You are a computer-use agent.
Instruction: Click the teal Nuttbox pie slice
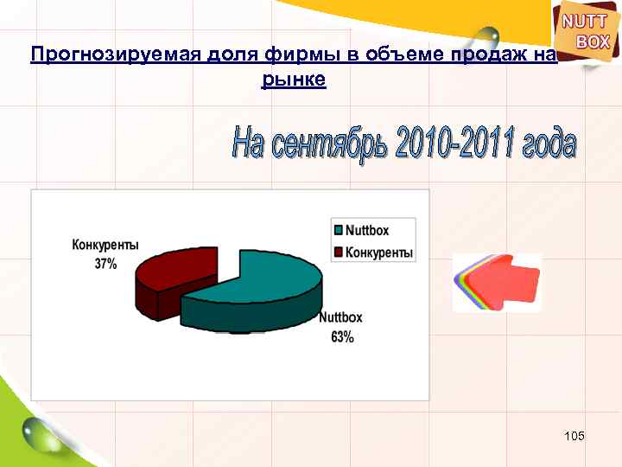(x=259, y=290)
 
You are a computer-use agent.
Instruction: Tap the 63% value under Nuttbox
(x=342, y=337)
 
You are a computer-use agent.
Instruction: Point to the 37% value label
(x=105, y=265)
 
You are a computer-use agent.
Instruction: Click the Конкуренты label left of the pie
(x=105, y=246)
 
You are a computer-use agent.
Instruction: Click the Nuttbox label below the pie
(x=342, y=317)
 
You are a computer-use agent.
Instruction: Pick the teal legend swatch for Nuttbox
(x=339, y=230)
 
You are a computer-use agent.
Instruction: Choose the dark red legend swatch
(x=339, y=253)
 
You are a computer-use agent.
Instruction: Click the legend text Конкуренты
(x=379, y=253)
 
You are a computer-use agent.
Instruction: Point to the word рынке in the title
(x=293, y=80)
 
